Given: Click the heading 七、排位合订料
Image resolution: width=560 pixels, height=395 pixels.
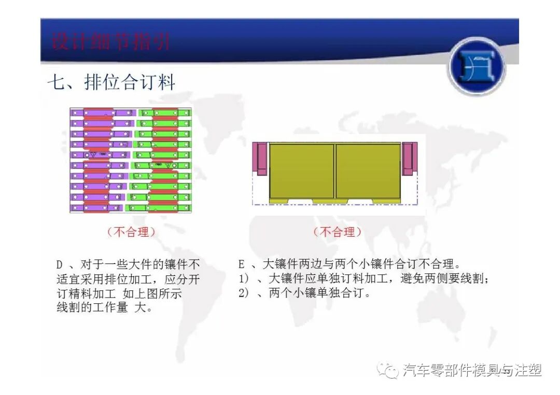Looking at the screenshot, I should point(111,83).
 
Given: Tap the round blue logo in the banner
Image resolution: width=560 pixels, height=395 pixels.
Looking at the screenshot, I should point(476,66).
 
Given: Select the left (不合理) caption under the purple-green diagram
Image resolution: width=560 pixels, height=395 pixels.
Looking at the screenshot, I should point(131,232).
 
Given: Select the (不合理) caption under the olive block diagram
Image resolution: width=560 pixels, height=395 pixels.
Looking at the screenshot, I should point(338,232).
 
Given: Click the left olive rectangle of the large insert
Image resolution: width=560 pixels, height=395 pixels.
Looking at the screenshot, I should point(301,171).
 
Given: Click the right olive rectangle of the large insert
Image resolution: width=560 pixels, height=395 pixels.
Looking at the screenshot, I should point(368,171).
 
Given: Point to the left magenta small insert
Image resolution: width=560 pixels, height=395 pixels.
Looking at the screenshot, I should point(261,159).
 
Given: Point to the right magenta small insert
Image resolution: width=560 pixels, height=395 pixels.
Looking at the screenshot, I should point(409,159).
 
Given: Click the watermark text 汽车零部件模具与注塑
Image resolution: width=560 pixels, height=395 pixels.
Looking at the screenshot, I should point(472,370).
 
